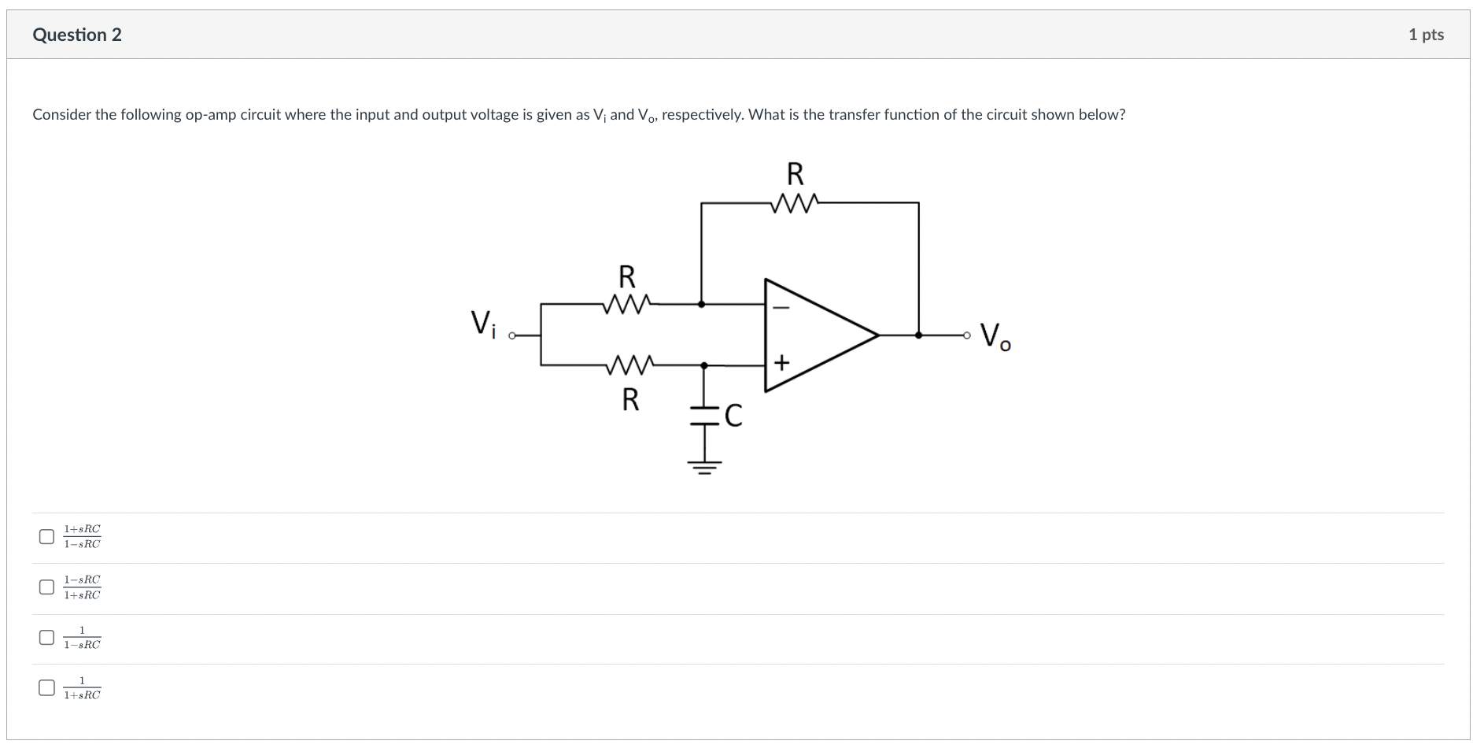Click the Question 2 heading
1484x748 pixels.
coord(77,35)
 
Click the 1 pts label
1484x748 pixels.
coord(1425,35)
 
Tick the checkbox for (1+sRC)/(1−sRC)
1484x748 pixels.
coord(47,537)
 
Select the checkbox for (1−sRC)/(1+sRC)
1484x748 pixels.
coord(47,587)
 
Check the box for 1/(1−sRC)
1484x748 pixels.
coord(47,637)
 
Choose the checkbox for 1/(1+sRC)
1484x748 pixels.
coord(47,688)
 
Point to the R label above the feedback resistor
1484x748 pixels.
coord(795,173)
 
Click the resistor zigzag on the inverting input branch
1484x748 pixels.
coord(626,303)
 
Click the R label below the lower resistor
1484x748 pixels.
coord(630,400)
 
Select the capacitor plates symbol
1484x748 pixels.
coord(704,415)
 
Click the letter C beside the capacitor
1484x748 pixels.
coord(733,415)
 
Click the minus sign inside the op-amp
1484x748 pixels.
coord(781,309)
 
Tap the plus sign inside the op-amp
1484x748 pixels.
coord(781,362)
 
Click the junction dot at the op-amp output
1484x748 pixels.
coord(918,335)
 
